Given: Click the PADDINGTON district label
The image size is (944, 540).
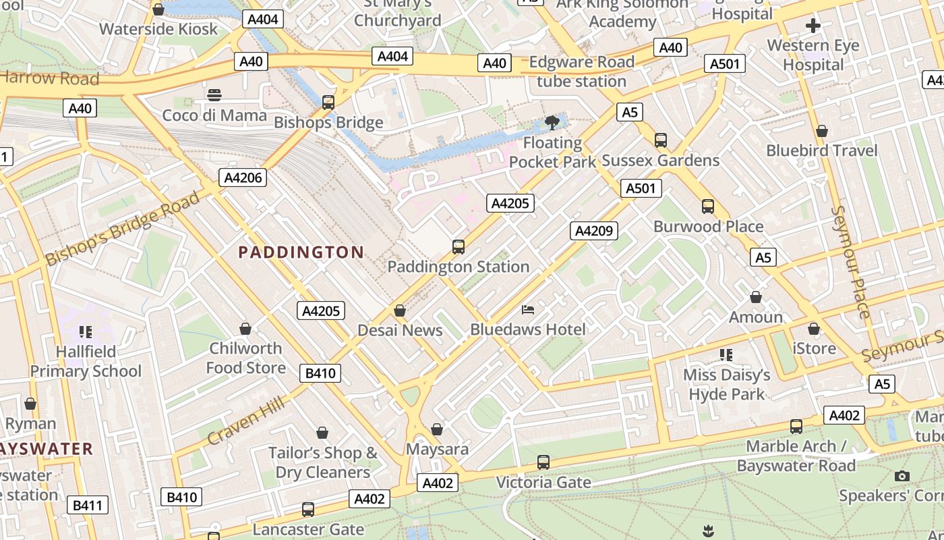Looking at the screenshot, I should pyautogui.click(x=301, y=252).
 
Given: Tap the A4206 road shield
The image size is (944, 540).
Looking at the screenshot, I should pyautogui.click(x=243, y=178).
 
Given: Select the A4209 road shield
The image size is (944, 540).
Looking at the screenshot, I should pyautogui.click(x=593, y=231).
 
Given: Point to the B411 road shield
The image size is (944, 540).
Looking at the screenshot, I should pyautogui.click(x=88, y=505).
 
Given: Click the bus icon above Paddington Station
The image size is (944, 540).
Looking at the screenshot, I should pyautogui.click(x=459, y=247).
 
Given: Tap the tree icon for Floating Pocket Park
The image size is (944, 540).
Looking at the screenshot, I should pyautogui.click(x=552, y=123).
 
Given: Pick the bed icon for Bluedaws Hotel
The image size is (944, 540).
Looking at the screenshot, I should pyautogui.click(x=529, y=310).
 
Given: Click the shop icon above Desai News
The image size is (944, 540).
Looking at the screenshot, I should pyautogui.click(x=400, y=310).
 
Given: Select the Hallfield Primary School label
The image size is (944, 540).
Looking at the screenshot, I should pyautogui.click(x=86, y=361).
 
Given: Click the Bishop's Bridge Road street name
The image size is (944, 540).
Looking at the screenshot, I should pyautogui.click(x=123, y=228).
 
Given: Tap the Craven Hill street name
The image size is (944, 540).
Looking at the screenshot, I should pyautogui.click(x=243, y=421).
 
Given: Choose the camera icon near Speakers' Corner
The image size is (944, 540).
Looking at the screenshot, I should pyautogui.click(x=902, y=477).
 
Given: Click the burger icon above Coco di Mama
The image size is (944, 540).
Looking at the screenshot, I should pyautogui.click(x=214, y=95).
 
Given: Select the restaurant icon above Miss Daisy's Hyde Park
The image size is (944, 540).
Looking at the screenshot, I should pyautogui.click(x=726, y=354).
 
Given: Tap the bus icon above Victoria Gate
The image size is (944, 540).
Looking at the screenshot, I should pyautogui.click(x=543, y=462).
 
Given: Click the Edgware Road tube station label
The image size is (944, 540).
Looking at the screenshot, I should pyautogui.click(x=581, y=72).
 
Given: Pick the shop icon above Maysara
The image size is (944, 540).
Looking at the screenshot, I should pyautogui.click(x=437, y=429).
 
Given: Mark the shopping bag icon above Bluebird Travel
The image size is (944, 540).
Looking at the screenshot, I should pyautogui.click(x=821, y=130).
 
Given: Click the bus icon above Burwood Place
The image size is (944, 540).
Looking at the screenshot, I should pyautogui.click(x=707, y=207).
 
